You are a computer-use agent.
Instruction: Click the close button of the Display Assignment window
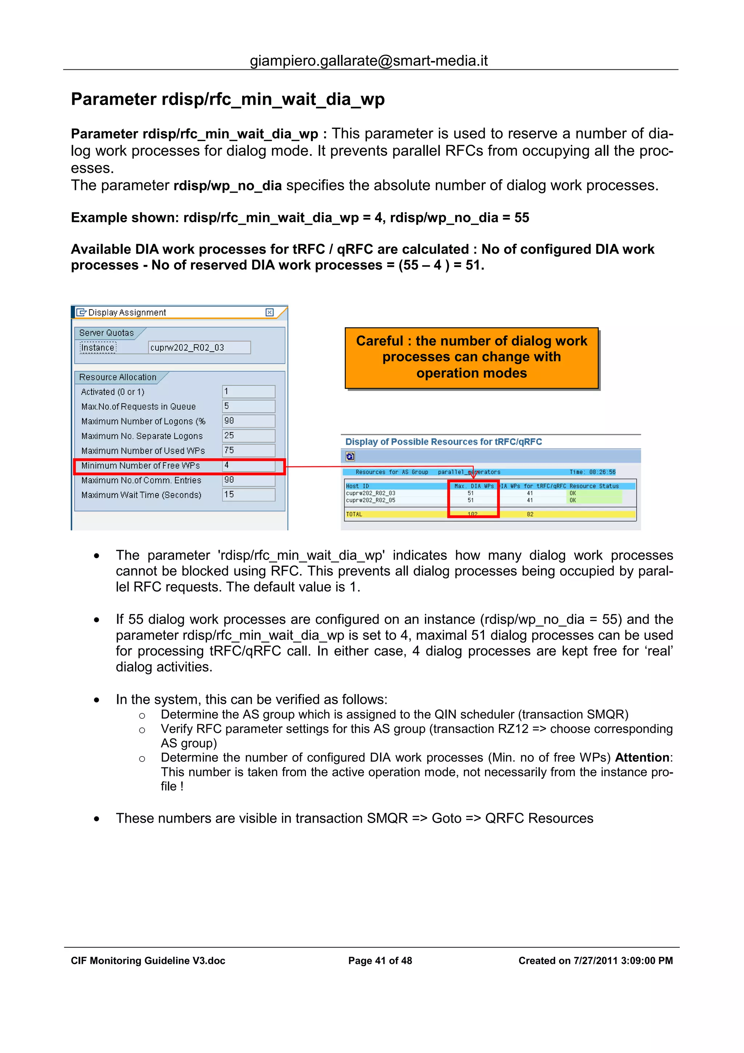coord(270,312)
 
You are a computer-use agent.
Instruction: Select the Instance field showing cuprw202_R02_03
coord(199,348)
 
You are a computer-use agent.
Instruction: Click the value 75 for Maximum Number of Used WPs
coord(248,450)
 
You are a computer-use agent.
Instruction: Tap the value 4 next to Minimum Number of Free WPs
coord(248,465)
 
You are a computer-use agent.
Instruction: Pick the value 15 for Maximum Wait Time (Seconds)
coord(248,495)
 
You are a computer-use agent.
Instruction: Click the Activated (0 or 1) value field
coord(248,392)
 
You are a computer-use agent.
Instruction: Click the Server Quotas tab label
coord(106,333)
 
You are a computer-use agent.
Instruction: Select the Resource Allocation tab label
coord(118,377)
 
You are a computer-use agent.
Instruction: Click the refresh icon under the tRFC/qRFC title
coord(350,456)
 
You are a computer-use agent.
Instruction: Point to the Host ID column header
coord(357,486)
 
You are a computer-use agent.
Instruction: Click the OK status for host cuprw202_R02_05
coord(573,500)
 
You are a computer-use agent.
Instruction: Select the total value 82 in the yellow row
coord(530,515)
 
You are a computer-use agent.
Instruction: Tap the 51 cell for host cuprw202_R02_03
coord(471,493)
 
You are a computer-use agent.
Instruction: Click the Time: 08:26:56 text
coord(592,472)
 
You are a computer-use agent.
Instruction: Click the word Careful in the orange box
coord(380,341)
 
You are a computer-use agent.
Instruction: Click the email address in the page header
coord(369,61)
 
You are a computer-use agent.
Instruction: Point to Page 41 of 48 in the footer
coord(380,961)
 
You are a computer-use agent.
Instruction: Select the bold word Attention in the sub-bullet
coord(643,758)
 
